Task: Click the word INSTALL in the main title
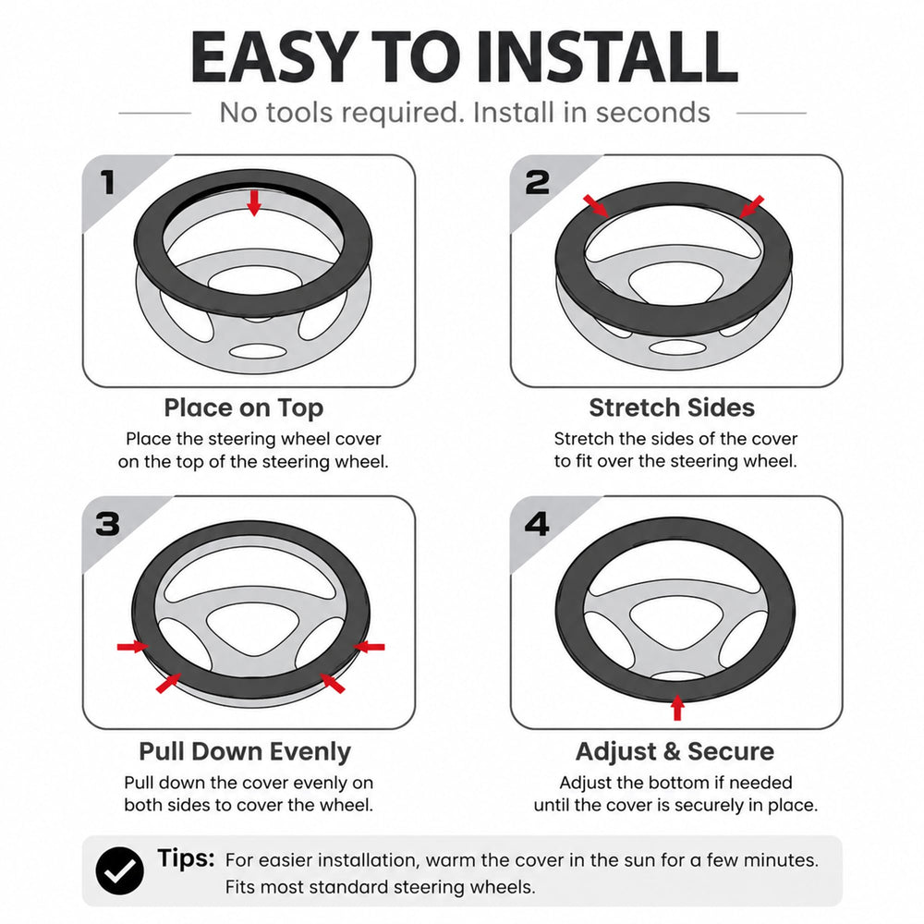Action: tap(607, 56)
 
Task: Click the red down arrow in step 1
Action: tap(254, 202)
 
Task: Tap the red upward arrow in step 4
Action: tap(677, 707)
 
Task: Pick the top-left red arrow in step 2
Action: tap(596, 206)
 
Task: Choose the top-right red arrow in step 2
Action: tap(751, 206)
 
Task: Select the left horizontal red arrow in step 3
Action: tap(133, 647)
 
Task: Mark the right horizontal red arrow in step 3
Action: tap(369, 647)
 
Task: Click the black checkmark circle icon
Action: tap(119, 871)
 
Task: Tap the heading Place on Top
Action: tap(243, 407)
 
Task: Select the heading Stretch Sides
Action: tap(672, 407)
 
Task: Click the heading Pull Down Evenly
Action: tap(245, 751)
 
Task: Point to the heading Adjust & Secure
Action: tap(675, 751)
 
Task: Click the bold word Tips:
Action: tap(186, 858)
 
